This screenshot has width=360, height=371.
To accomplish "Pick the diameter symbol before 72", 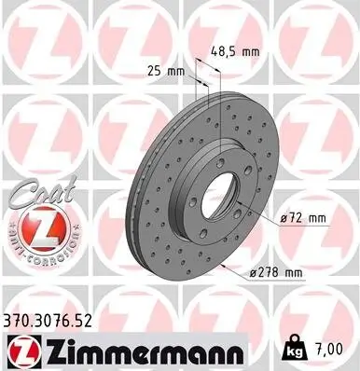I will click(283, 217).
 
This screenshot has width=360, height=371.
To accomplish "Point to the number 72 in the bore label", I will click(294, 217).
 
